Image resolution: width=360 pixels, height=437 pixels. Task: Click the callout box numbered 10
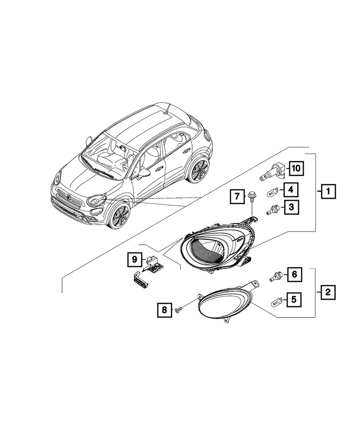tap(297, 168)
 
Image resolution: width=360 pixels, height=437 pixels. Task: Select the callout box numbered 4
tap(291, 190)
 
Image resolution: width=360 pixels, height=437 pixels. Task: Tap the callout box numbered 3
tap(291, 207)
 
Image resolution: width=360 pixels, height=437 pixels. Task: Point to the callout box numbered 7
tap(236, 197)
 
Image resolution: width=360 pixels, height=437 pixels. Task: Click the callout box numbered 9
tap(135, 259)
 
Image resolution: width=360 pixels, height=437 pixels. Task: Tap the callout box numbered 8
tap(164, 310)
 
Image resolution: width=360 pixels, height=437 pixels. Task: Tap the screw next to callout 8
tap(179, 310)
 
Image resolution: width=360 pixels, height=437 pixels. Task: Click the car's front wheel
tap(119, 217)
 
